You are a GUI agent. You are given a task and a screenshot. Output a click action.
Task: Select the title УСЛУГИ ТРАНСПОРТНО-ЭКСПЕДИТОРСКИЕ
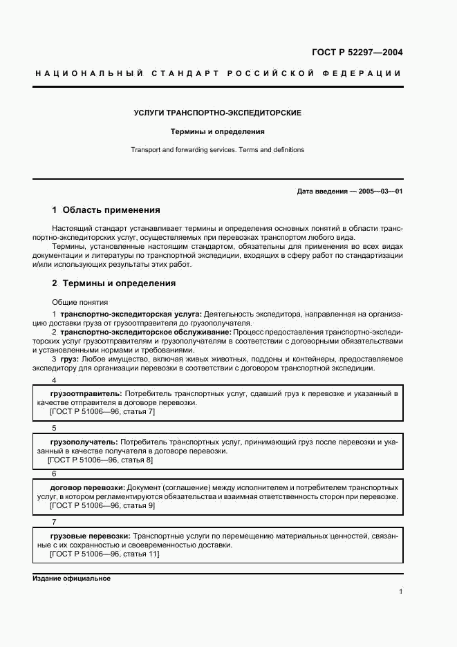[217, 112]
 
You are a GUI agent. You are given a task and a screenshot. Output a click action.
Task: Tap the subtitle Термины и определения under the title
[218, 131]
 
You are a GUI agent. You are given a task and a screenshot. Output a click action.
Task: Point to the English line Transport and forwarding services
[218, 149]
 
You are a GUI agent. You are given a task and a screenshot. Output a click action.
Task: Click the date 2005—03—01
[380, 191]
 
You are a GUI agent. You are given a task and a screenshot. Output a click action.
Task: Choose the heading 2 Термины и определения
[114, 283]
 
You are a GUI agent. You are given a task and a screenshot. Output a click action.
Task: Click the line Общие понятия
[80, 302]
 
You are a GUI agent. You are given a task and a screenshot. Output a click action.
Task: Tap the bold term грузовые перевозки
[90, 536]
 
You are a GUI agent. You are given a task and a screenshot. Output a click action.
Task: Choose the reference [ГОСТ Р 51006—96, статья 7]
[102, 411]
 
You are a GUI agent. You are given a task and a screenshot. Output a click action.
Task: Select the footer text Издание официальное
[72, 579]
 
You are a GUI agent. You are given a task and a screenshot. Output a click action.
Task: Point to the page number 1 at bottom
[400, 592]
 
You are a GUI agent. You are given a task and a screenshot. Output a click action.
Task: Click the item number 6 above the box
[54, 474]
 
